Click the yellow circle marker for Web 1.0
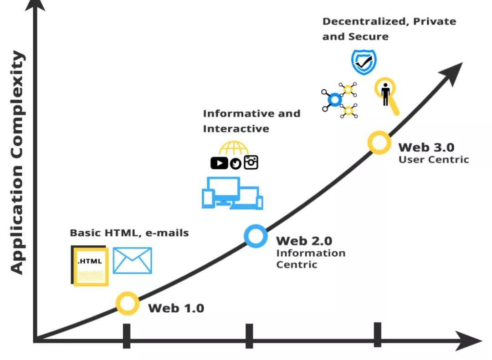coord(127,303)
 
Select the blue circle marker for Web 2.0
coord(256,236)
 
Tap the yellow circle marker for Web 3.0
coord(379,142)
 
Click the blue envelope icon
coord(132,261)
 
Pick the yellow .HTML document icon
coord(90,266)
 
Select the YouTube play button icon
coord(219,162)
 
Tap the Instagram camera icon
coord(251,162)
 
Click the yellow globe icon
coord(234,148)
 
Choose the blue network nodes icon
coord(339,100)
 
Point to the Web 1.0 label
coord(176,308)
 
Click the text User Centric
coord(434,160)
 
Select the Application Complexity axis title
coord(17,162)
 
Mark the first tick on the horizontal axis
coord(127,336)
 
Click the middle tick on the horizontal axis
coord(249,336)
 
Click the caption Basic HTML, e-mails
coord(129,233)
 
